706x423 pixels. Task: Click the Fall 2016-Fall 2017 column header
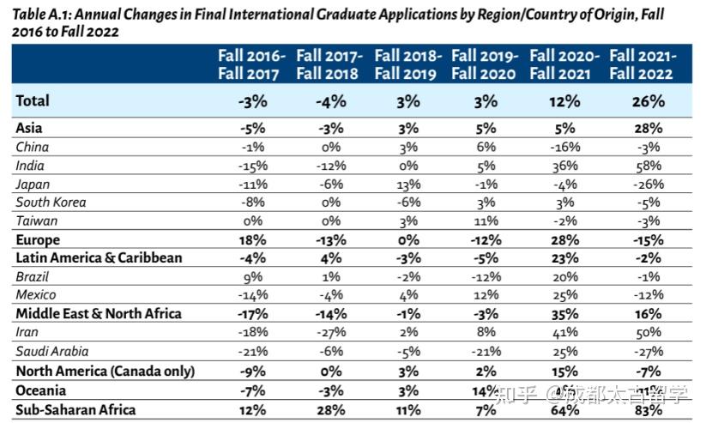tap(251, 64)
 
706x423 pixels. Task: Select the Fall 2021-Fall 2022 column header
tap(642, 64)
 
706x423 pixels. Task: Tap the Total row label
tap(33, 101)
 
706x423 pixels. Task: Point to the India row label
tap(30, 166)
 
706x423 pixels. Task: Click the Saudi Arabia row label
tap(51, 351)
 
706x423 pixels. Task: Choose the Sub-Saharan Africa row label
tap(75, 409)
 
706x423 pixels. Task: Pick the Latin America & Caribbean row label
tap(99, 257)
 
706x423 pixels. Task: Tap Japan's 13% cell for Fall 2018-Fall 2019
tap(407, 184)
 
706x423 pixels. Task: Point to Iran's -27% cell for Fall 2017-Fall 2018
tap(329, 332)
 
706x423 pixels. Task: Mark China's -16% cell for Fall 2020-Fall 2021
tap(564, 147)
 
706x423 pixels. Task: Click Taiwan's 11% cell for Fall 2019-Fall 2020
tap(486, 221)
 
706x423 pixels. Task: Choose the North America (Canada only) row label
tap(106, 372)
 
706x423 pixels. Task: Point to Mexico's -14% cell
tap(251, 295)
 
